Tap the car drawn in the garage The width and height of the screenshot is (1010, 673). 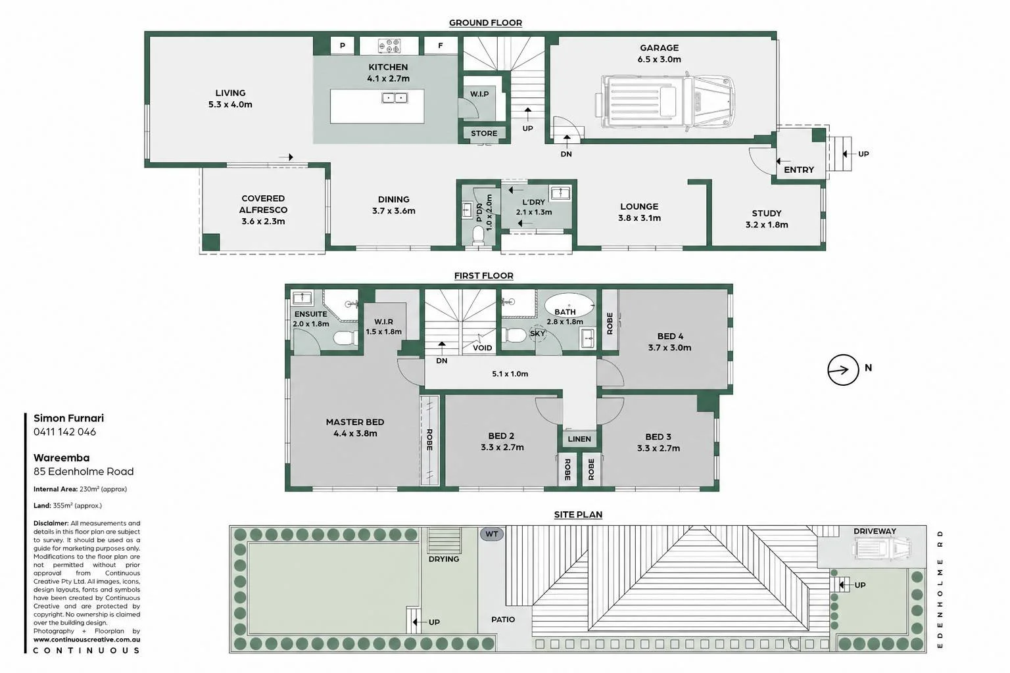665,101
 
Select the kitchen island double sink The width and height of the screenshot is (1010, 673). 395,97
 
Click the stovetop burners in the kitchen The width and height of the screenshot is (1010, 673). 389,45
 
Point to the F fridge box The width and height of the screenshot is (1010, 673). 440,45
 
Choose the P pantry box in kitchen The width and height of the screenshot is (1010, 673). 342,45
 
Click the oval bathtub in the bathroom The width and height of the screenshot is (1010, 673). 569,305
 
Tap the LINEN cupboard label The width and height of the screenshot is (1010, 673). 579,438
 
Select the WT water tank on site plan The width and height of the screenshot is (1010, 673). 491,534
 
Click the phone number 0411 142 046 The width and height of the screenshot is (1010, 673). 64,432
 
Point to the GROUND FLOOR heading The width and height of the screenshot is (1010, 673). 485,22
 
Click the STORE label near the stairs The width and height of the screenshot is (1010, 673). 484,133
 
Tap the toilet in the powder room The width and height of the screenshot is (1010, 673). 478,235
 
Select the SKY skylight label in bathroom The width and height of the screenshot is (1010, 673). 537,334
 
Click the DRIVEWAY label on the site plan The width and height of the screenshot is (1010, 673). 875,531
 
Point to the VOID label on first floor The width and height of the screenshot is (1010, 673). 482,348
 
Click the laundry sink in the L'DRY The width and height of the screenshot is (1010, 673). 560,193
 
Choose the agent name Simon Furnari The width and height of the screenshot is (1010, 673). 68,418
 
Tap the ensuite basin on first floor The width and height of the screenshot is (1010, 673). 302,298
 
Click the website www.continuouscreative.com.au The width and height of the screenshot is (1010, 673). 87,639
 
